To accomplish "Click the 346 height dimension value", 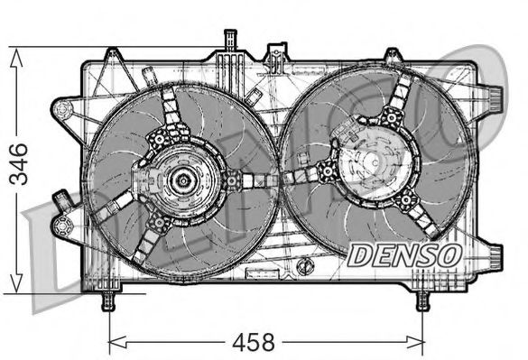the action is [x=19, y=164].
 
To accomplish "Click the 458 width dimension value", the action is [x=254, y=342].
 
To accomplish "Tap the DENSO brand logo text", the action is [x=405, y=255].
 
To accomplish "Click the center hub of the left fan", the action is [x=183, y=180].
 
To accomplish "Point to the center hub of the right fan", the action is [x=375, y=162].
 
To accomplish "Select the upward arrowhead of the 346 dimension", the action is [x=16, y=57].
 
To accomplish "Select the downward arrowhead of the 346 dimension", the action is [x=16, y=283].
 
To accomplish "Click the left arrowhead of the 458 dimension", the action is [x=118, y=342].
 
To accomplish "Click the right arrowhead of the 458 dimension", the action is [x=415, y=342].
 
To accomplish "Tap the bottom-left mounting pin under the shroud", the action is [x=108, y=300].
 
